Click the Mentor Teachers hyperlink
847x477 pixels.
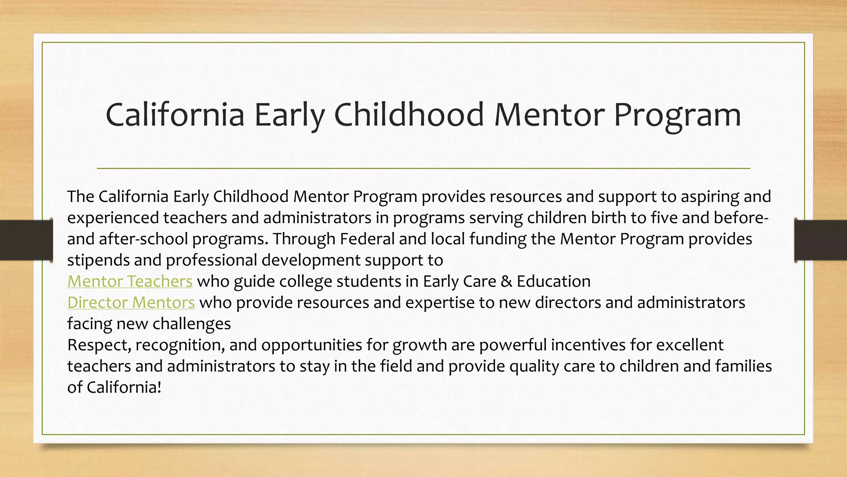pyautogui.click(x=130, y=282)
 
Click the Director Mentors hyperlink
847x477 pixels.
pyautogui.click(x=131, y=303)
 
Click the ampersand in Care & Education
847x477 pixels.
pyautogui.click(x=506, y=282)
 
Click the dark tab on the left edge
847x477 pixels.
pyautogui.click(x=26, y=240)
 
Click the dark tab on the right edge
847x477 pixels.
pyautogui.click(x=821, y=240)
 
